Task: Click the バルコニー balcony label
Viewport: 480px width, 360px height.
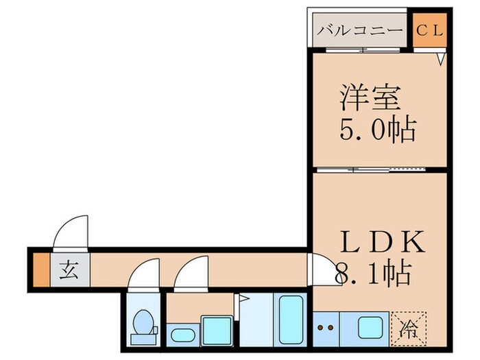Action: coord(360,31)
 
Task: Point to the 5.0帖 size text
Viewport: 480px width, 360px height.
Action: coord(378,128)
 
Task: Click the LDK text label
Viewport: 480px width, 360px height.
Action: coord(384,243)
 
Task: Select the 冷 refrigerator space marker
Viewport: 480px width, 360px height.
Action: coord(409,328)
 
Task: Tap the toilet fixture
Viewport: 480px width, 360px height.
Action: coord(144,326)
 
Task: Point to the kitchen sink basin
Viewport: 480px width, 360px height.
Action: coord(370,328)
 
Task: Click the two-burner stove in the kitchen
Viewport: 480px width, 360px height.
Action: coord(326,328)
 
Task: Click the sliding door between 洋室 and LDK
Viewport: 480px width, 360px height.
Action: coord(381,168)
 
